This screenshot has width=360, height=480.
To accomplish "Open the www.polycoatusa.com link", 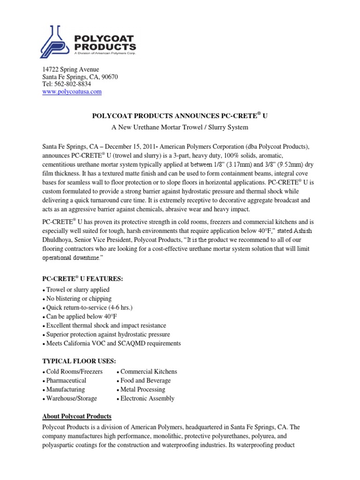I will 72,92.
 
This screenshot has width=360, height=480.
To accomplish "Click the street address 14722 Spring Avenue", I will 71,69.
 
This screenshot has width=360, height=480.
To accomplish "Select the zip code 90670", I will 110,77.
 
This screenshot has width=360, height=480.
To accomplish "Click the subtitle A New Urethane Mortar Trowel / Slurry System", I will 180,127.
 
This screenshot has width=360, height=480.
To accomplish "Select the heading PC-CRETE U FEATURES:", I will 82,279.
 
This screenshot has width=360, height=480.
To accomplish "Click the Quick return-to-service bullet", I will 89,307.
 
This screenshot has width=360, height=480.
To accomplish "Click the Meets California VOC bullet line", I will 112,343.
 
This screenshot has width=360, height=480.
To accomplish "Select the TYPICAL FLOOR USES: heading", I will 79,360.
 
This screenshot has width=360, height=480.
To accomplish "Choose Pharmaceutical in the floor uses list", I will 66,380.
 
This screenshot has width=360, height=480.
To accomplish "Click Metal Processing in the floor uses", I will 142,389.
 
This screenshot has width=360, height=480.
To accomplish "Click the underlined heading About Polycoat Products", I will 77,416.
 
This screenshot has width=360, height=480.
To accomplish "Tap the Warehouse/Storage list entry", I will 71,398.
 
